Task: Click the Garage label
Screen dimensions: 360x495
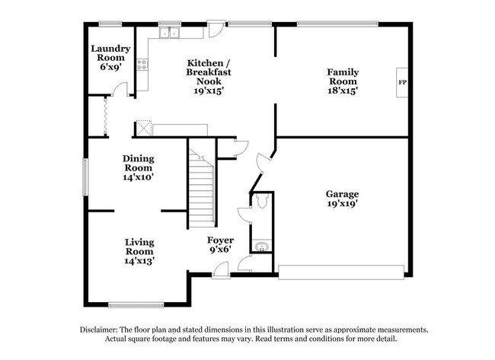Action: point(343,194)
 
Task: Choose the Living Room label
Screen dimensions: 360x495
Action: point(139,251)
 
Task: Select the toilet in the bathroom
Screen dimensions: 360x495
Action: point(260,202)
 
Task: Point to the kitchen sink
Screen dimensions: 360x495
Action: point(168,33)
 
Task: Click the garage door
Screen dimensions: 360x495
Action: point(340,272)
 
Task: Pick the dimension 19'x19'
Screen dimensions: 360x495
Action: point(343,204)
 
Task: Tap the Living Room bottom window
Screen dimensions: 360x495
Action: point(136,305)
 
